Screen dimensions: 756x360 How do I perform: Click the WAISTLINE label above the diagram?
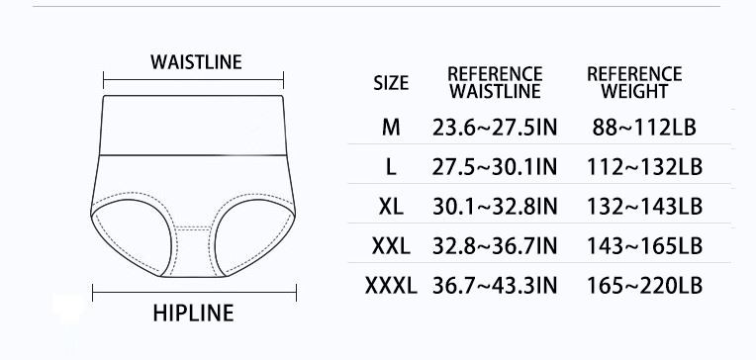[x=196, y=62]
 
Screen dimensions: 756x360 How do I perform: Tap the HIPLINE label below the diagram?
[x=193, y=314]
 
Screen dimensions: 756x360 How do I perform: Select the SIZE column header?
[x=391, y=83]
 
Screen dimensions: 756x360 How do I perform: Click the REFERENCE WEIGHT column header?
[x=634, y=83]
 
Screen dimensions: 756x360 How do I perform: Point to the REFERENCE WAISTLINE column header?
[x=495, y=83]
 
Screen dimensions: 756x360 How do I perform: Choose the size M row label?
[x=391, y=128]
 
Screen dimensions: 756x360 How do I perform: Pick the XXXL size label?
[x=391, y=286]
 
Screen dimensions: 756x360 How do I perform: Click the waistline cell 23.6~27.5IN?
[x=495, y=128]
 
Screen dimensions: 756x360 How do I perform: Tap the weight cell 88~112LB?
[x=644, y=128]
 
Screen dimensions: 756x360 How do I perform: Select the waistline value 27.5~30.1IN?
[x=495, y=167]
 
